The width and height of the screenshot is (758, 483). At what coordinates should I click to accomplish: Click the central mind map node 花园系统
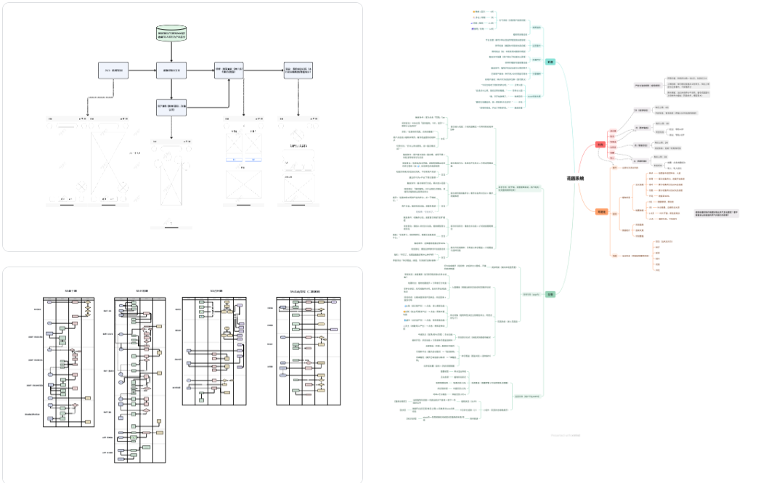click(x=575, y=178)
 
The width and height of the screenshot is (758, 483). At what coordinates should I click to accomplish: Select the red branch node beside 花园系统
click(x=600, y=145)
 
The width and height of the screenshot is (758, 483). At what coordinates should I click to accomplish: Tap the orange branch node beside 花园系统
click(x=601, y=211)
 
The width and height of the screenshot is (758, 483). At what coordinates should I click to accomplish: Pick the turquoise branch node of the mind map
click(x=550, y=62)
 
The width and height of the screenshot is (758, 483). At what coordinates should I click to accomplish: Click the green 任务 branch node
click(x=550, y=294)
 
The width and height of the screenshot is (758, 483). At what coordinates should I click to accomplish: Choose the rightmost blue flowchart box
click(x=298, y=70)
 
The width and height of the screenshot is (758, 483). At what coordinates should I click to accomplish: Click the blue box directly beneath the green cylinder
click(x=172, y=70)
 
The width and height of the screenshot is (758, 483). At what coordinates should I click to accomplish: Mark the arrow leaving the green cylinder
click(x=172, y=52)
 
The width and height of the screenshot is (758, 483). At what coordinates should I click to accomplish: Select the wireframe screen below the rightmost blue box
click(x=298, y=167)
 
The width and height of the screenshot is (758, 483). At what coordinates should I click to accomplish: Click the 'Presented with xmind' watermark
click(x=565, y=435)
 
